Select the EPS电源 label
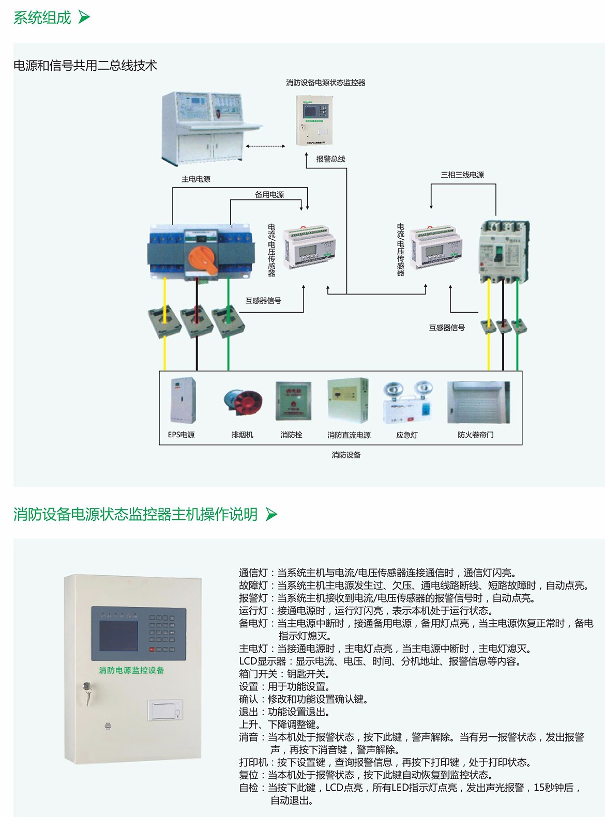tap(181, 435)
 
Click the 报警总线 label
tap(331, 159)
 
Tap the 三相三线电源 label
tap(462, 175)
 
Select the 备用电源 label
tap(269, 195)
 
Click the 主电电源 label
tap(196, 179)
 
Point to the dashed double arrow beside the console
tap(265, 146)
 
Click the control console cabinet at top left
tap(207, 127)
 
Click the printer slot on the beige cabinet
tap(164, 710)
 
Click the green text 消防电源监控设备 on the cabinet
tap(131, 670)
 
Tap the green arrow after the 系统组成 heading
tap(84, 18)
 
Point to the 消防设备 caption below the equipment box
tap(346, 455)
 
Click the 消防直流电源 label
tap(349, 435)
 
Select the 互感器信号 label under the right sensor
tap(447, 328)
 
